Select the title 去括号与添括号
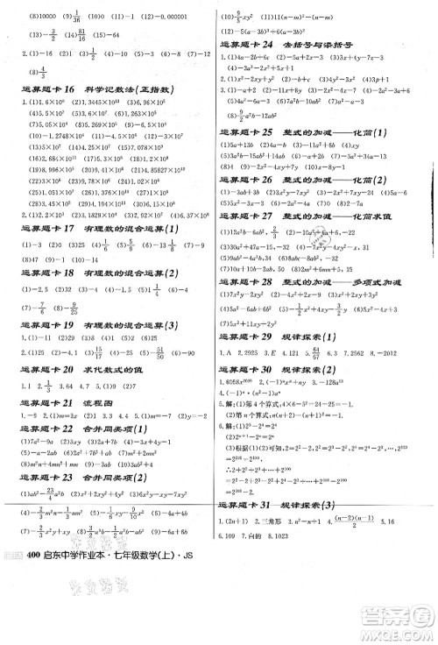coord(320,43)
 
